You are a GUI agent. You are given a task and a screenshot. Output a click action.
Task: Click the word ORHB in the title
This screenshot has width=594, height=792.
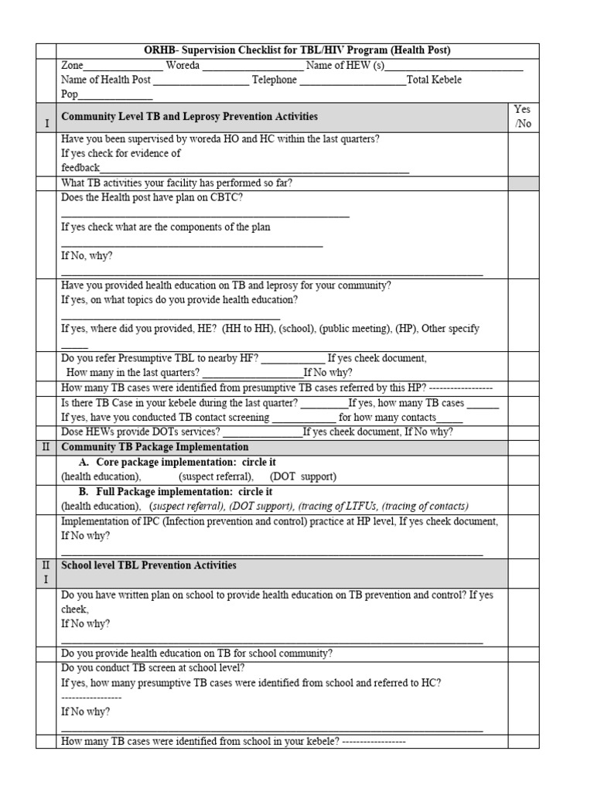(160, 50)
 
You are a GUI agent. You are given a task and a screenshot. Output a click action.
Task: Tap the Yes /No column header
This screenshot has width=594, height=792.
(523, 117)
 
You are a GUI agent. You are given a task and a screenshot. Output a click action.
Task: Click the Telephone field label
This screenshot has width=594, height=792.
(274, 80)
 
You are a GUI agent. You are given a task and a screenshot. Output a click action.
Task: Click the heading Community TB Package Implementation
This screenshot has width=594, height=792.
(155, 447)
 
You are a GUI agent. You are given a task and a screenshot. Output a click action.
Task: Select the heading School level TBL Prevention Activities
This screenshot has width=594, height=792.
(148, 565)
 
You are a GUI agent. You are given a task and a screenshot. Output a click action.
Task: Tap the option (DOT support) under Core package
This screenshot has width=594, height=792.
(303, 476)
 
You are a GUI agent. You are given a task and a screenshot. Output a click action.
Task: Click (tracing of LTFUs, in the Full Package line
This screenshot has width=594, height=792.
(339, 506)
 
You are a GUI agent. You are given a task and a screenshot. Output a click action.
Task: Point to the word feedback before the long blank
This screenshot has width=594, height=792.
(80, 168)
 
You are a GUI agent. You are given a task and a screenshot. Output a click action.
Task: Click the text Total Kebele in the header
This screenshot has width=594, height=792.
(434, 80)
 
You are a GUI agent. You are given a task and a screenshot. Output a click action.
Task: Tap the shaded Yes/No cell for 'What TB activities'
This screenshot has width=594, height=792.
(523, 183)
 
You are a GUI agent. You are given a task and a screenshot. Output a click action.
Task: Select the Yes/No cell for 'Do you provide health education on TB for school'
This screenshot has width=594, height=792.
(523, 653)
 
